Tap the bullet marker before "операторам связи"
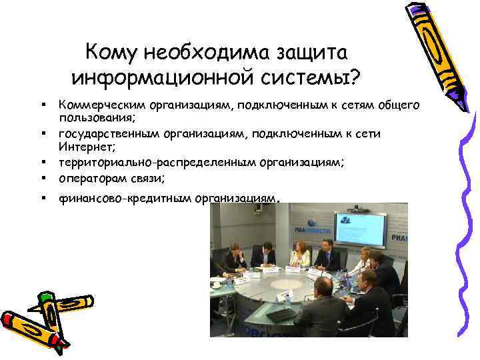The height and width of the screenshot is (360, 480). pos(42,178)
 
